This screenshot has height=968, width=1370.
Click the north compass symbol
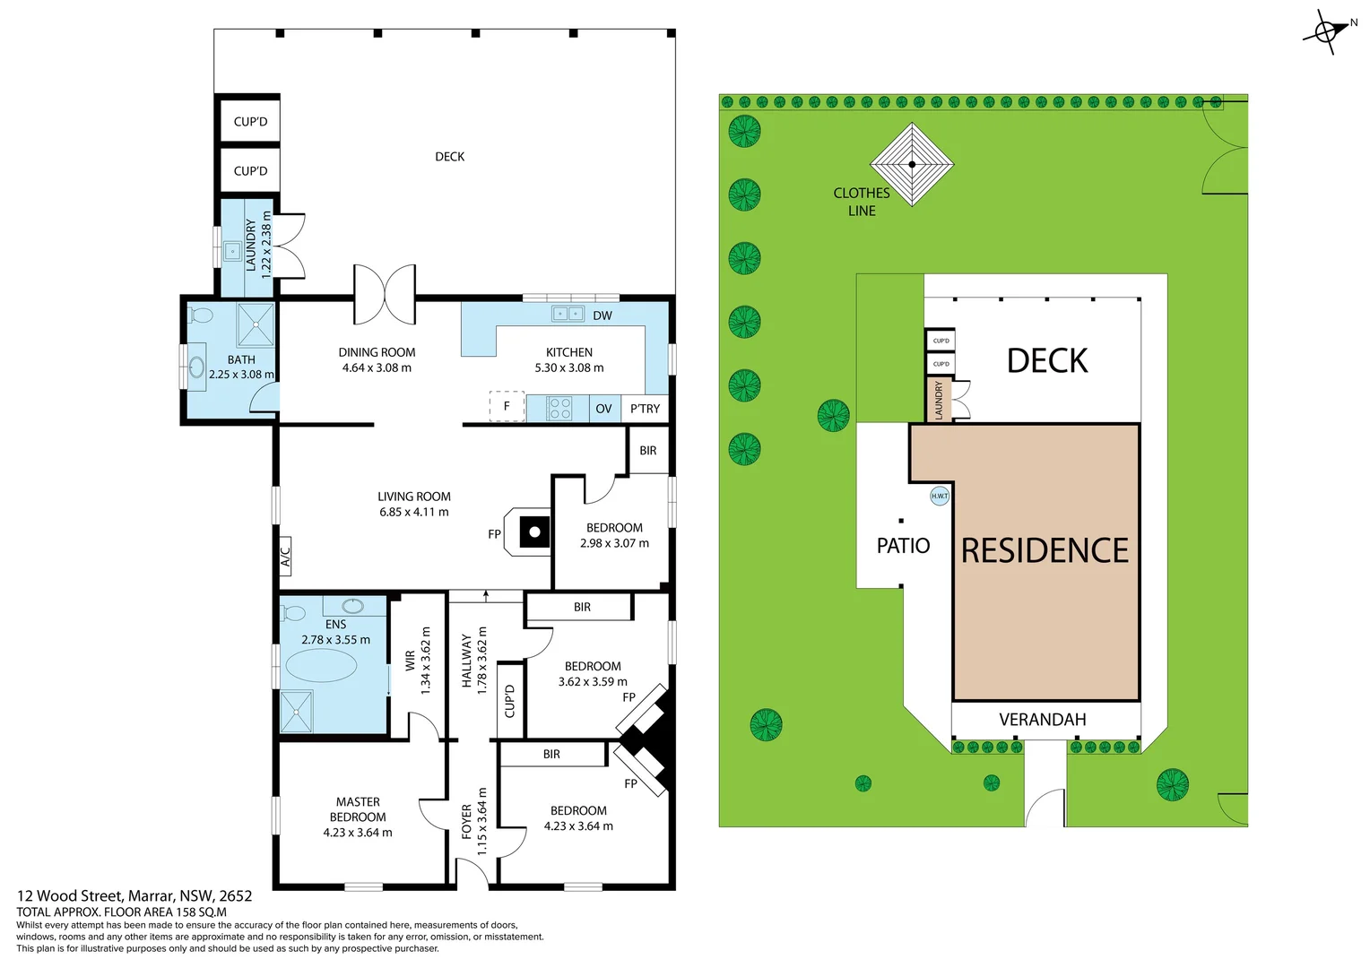pos(1326,31)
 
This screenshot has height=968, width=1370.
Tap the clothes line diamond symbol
pos(912,164)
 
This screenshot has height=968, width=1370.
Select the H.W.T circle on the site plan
pos(939,496)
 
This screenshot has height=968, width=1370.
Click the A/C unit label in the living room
pos(285,557)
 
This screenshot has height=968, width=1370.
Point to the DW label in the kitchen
pos(603,315)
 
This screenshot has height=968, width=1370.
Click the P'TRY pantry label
pos(645,409)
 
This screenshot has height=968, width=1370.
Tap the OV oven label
pos(603,409)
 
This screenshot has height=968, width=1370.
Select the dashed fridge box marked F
pos(507,406)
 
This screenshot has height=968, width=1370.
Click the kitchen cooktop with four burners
pos(559,409)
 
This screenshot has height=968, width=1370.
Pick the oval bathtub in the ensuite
pos(320,666)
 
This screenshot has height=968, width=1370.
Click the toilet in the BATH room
pos(201,315)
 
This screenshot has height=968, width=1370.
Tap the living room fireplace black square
pos(534,532)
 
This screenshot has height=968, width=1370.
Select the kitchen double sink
pos(568,314)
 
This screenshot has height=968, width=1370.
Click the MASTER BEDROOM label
pos(358,809)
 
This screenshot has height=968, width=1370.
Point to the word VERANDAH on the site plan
pos(1043,720)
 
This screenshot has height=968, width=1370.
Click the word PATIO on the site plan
pos(903,546)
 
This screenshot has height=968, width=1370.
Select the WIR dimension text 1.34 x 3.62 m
pos(426,660)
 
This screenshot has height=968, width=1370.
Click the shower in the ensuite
pos(297,712)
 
